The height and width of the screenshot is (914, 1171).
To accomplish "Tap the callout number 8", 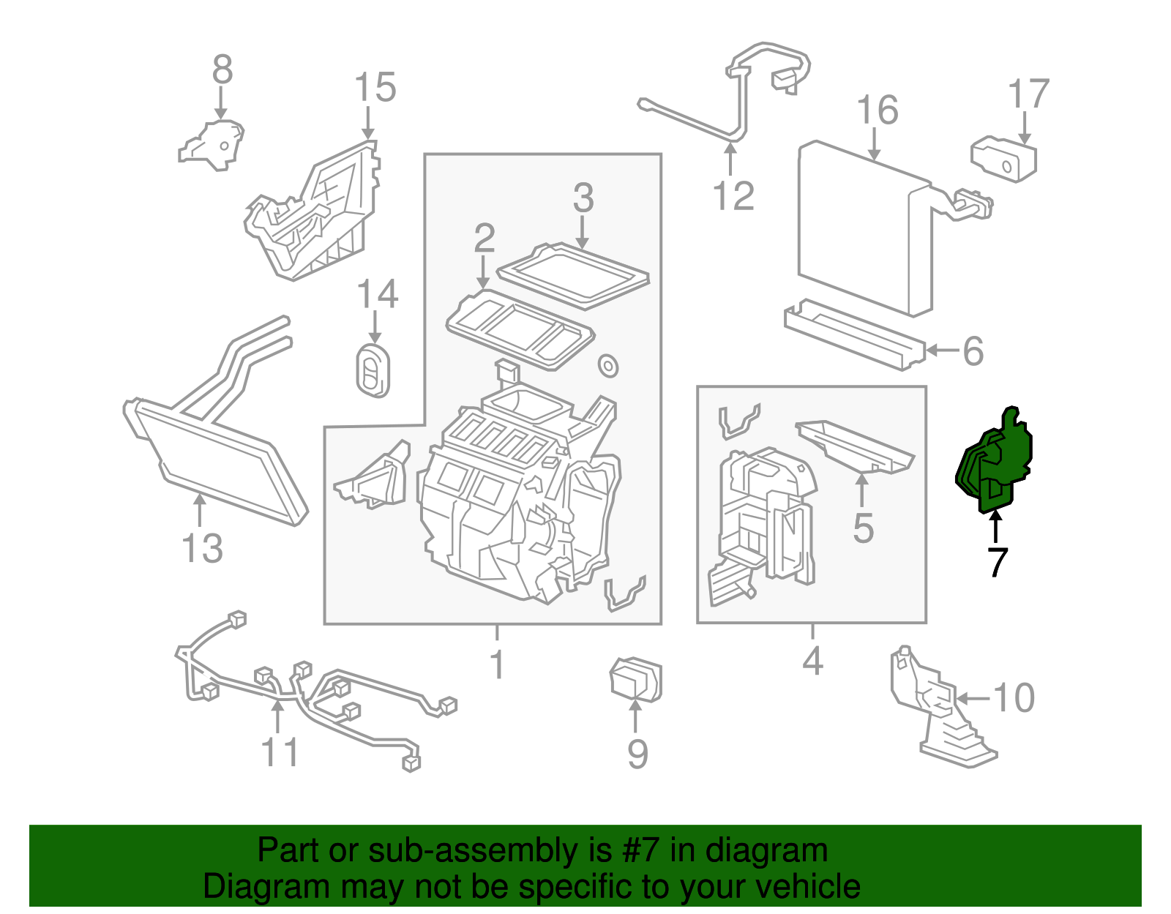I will click(x=222, y=71).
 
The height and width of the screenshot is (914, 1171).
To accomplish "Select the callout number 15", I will click(x=375, y=88).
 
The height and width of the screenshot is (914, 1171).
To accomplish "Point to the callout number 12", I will click(x=733, y=196).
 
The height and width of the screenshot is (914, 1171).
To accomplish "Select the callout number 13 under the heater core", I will click(x=202, y=549).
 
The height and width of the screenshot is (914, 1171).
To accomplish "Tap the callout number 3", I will click(x=583, y=198).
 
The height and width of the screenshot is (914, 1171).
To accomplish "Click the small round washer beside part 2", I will click(x=607, y=365).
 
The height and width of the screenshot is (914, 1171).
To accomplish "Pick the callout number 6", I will click(x=973, y=351).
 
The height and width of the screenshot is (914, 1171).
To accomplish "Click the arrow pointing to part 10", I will click(x=973, y=699).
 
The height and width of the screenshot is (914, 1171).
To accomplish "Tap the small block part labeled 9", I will click(x=635, y=679).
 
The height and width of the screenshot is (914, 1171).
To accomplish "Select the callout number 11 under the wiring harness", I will click(x=280, y=752).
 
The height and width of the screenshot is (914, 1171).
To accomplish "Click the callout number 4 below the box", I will click(x=812, y=661).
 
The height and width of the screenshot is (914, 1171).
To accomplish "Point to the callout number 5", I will click(x=863, y=528).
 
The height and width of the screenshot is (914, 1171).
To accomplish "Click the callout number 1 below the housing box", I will click(x=497, y=664).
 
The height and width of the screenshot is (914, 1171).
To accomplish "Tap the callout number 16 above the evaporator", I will click(x=877, y=110).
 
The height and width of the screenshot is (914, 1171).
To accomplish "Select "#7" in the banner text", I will click(x=641, y=851).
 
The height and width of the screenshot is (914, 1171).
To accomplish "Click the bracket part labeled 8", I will click(x=212, y=146).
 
